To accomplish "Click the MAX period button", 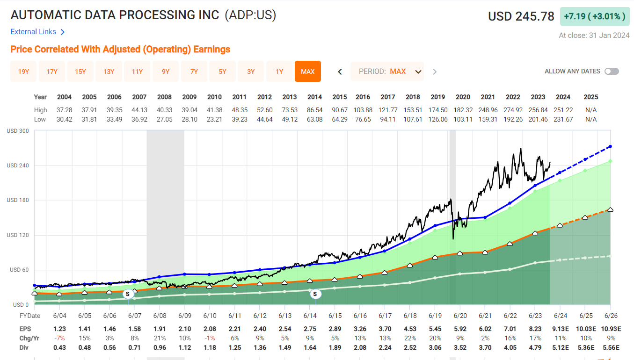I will [308, 72].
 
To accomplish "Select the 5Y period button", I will [222, 72].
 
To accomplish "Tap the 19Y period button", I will [23, 72].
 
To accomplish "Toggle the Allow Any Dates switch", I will [612, 72].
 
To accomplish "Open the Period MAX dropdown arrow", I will [418, 72].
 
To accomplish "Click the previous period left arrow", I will [340, 72].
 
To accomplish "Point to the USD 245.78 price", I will [521, 16].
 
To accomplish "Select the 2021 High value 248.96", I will [488, 110].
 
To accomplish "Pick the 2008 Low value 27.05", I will [164, 119].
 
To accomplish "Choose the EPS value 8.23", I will [538, 329].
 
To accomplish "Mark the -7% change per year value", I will [59, 338].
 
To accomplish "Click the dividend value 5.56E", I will [610, 347].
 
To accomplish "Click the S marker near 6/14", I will [315, 294].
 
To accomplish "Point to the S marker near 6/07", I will [128, 294].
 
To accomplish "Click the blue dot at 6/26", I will [611, 146].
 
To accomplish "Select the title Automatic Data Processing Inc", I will [115, 15].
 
